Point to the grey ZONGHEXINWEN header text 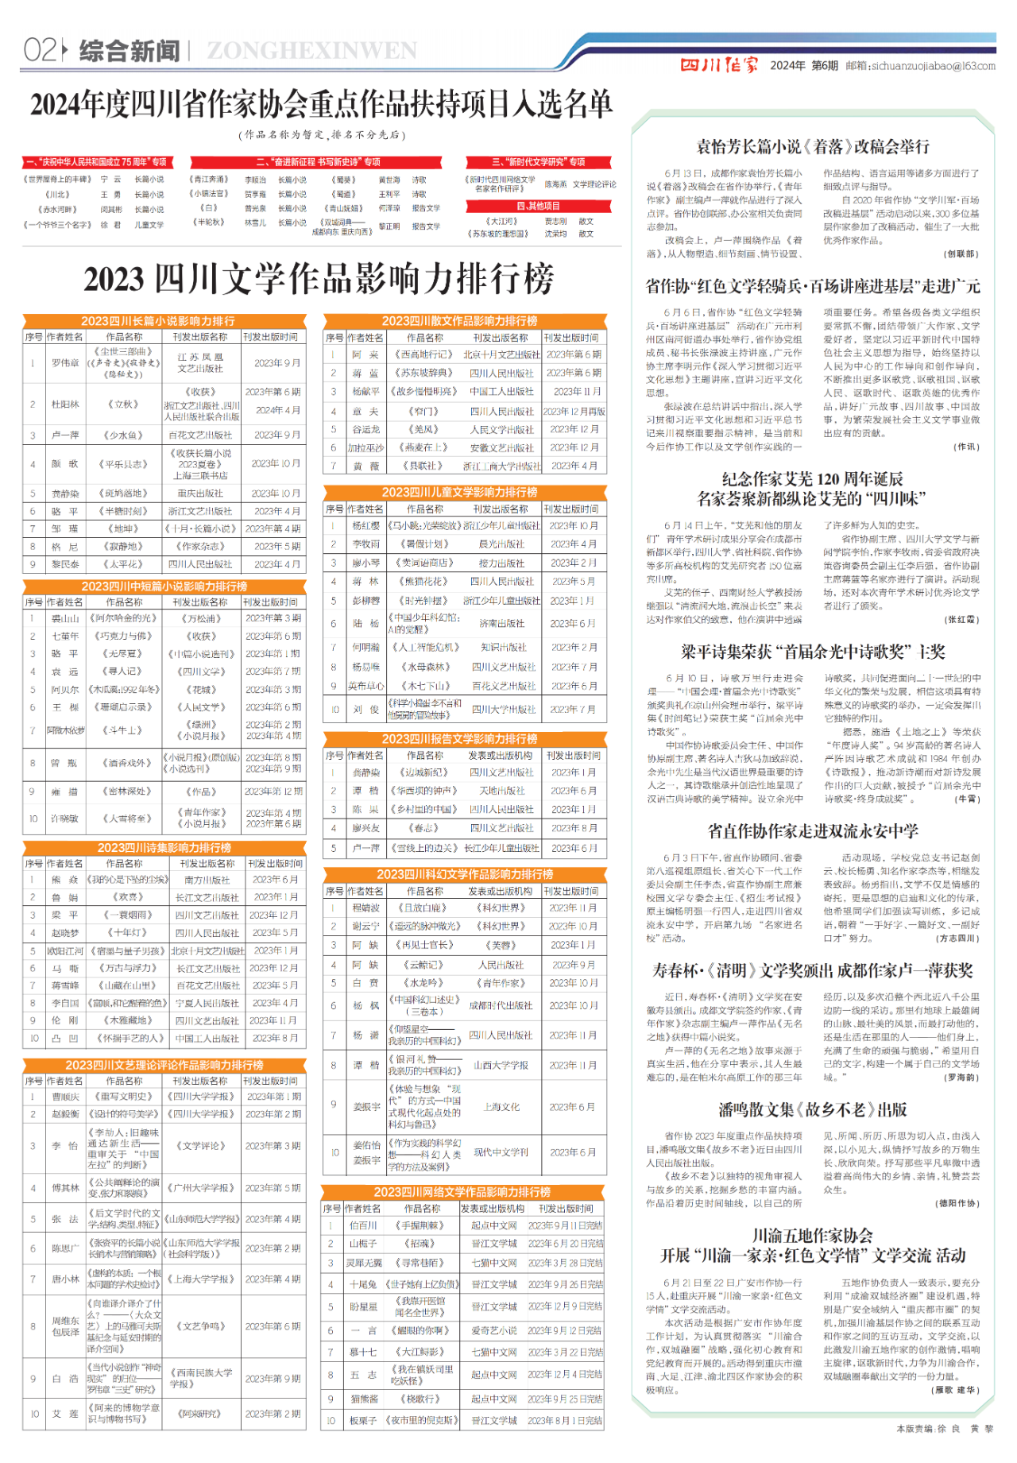pyautogui.click(x=311, y=51)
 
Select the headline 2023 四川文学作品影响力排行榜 pyautogui.click(x=319, y=279)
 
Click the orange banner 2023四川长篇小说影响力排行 pyautogui.click(x=157, y=321)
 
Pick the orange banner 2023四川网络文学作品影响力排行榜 pyautogui.click(x=462, y=1192)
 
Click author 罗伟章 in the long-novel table pyautogui.click(x=66, y=363)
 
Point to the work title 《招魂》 pyautogui.click(x=420, y=1244)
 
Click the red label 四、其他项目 pyautogui.click(x=538, y=206)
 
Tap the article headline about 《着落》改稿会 pyautogui.click(x=812, y=147)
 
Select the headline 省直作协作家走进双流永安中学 pyautogui.click(x=812, y=831)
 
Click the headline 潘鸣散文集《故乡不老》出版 pyautogui.click(x=812, y=1110)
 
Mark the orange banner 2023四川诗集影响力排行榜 pyautogui.click(x=164, y=848)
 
